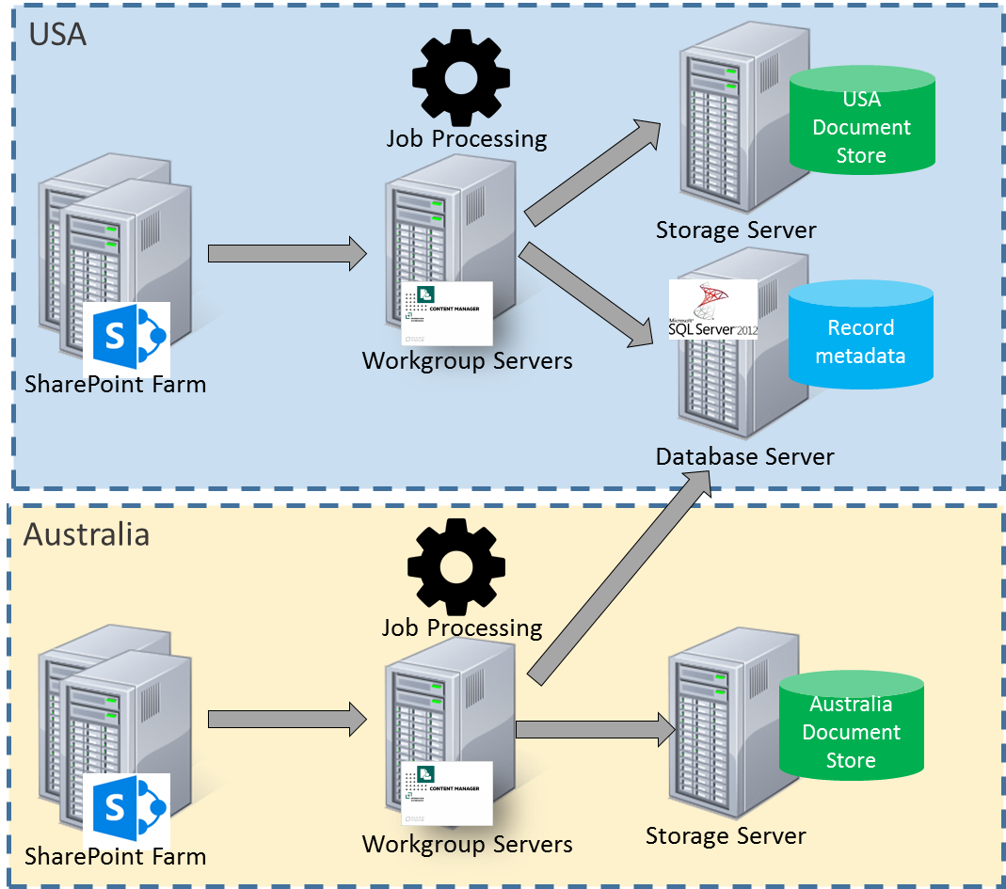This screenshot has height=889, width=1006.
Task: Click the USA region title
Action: [x=57, y=35]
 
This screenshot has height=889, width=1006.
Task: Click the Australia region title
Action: [x=87, y=534]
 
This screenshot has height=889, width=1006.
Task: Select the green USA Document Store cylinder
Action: [x=861, y=122]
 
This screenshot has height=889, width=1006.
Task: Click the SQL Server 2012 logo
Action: [x=712, y=310]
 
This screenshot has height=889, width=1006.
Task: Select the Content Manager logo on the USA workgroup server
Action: [x=447, y=312]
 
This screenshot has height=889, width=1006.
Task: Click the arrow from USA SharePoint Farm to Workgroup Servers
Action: [x=287, y=253]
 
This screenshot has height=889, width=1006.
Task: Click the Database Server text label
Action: [x=744, y=456]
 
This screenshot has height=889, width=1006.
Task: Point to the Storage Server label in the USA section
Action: [x=736, y=230]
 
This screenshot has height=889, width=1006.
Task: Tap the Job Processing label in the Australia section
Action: [x=462, y=627]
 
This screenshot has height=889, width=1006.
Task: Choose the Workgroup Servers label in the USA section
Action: [x=467, y=360]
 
